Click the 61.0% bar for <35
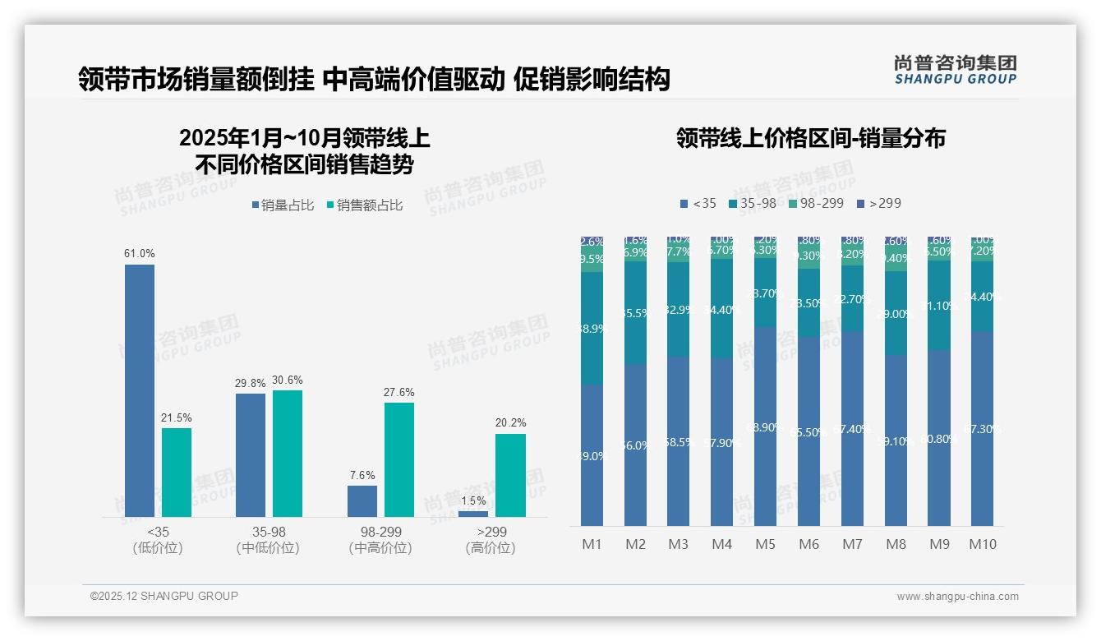[x=140, y=390]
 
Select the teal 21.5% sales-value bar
[x=177, y=473]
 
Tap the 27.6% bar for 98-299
[x=399, y=459]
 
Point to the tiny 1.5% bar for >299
[x=473, y=514]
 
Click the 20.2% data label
[x=510, y=422]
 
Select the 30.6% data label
[x=288, y=380]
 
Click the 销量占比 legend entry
[x=282, y=205]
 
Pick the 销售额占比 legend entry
[x=364, y=205]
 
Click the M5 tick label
[x=765, y=544]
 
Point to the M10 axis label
[x=982, y=544]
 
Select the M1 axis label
[x=592, y=544]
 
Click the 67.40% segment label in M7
[x=853, y=429]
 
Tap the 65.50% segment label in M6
[x=809, y=431]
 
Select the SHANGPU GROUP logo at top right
[x=955, y=70]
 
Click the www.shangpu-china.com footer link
[x=957, y=597]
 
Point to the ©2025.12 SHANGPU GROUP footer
[x=164, y=596]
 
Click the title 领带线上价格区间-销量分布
[x=811, y=138]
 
